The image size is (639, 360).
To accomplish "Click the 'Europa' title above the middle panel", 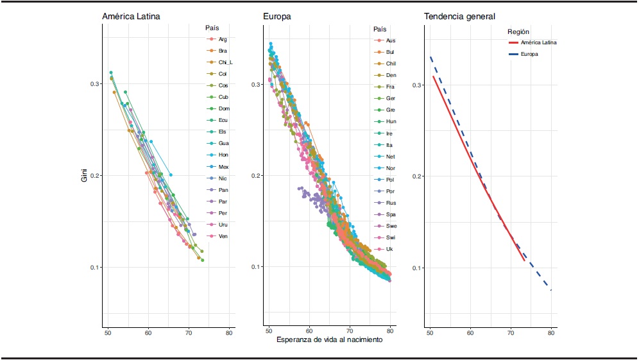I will tap(277, 16).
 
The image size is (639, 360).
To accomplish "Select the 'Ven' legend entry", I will tap(223, 236).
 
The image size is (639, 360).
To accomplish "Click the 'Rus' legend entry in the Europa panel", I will tap(391, 203).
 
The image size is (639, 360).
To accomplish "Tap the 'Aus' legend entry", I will tap(391, 40).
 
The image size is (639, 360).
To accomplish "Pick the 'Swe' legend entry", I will tap(391, 226).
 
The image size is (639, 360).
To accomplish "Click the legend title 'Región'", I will tap(518, 31).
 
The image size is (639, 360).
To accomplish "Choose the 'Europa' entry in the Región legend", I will tap(529, 54).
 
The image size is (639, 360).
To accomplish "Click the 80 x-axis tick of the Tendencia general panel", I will tap(551, 333).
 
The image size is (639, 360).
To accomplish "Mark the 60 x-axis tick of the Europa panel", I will tap(309, 333).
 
